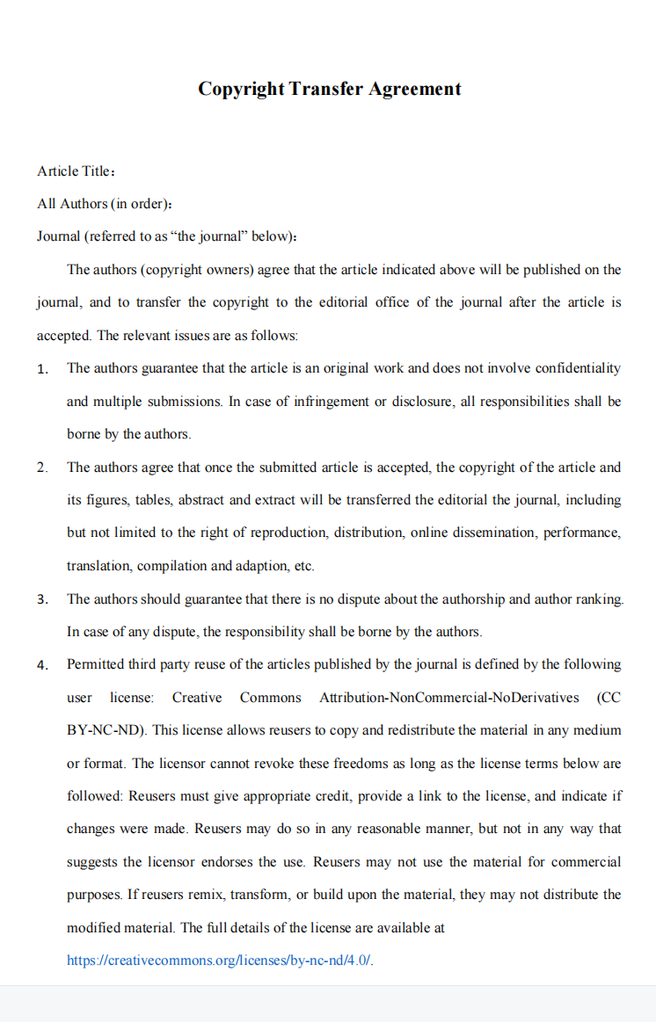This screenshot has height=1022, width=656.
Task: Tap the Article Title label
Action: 74,170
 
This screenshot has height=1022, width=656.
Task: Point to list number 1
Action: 42,369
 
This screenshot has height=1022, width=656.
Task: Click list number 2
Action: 42,468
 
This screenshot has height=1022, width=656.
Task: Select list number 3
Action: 42,599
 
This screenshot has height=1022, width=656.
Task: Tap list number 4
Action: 42,665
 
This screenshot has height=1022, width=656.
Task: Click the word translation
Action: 99,566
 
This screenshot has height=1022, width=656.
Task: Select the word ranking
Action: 598,598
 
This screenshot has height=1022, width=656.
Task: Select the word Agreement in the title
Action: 414,89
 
